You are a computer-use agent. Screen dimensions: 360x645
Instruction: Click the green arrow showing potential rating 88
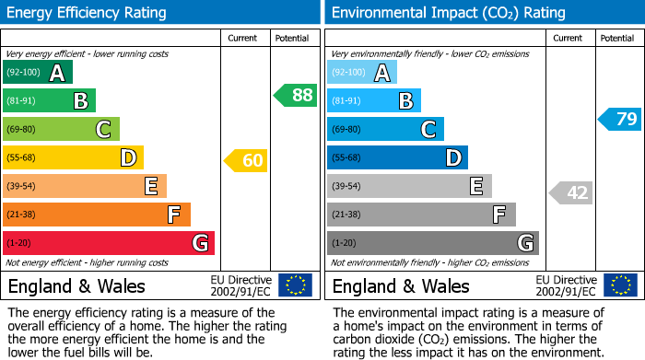pos(295,95)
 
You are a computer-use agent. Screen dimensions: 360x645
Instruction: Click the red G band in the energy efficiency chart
pos(109,243)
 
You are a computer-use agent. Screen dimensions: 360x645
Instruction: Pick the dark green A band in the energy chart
pos(38,73)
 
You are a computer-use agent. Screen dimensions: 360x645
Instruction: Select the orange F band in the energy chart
pos(97,215)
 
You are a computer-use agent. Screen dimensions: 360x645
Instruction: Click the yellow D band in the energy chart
pos(73,157)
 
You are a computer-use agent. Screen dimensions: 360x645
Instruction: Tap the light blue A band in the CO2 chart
pos(362,73)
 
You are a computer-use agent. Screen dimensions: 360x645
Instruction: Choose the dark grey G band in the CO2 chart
pos(432,243)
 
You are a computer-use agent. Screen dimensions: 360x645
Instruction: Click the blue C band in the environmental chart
pos(385,129)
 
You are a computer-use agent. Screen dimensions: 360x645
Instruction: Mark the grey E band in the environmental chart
pos(409,186)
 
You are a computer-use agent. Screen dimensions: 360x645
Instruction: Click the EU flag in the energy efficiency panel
pos(296,285)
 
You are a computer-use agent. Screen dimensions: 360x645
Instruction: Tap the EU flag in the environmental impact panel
pos(620,285)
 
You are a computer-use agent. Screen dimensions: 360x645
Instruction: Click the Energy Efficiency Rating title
pos(88,13)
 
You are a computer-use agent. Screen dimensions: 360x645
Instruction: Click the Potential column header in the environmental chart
pos(617,38)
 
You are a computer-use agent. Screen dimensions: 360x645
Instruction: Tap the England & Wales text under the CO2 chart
pos(401,286)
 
